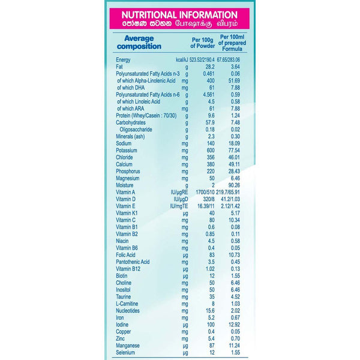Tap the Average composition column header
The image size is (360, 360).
139,42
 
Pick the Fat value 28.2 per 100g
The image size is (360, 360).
211,67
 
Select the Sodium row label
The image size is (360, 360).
125,143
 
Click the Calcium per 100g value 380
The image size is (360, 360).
211,164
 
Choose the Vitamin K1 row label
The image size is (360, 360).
127,212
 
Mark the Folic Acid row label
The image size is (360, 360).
127,254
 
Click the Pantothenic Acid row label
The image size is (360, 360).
133,261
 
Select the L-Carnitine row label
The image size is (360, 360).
128,303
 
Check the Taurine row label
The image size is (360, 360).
124,296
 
